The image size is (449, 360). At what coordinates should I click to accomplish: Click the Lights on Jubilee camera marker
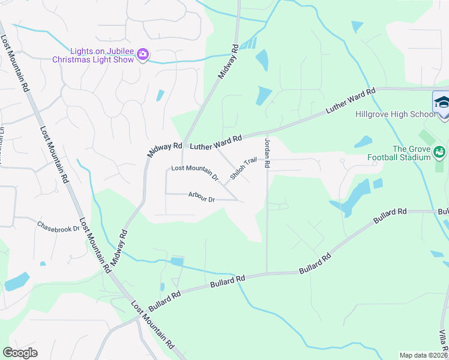click(143, 55)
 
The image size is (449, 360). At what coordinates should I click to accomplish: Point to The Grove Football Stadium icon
click(440, 152)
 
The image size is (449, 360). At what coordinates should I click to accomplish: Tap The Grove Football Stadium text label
click(412, 153)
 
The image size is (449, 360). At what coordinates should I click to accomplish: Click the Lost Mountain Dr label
click(194, 172)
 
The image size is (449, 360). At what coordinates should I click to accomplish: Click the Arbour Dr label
click(201, 197)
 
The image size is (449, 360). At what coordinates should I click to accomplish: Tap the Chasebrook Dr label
click(58, 228)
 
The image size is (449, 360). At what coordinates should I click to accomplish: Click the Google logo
click(20, 353)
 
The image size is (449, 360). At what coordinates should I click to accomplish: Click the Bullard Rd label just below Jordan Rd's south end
click(315, 265)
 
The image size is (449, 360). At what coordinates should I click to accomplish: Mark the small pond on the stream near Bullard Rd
click(176, 262)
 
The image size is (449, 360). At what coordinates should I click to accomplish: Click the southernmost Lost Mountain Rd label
click(152, 325)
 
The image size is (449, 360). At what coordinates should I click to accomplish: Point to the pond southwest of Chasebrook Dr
click(17, 281)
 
